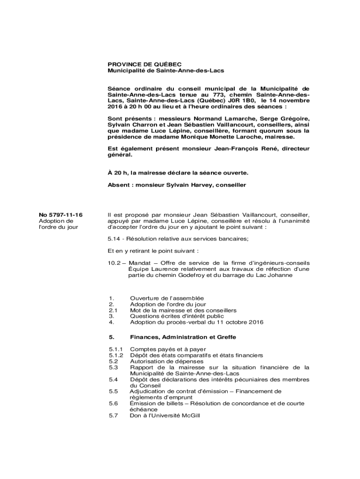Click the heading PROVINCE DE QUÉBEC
point(138,64)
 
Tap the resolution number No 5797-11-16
point(60,215)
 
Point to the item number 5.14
point(114,239)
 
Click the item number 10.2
point(114,263)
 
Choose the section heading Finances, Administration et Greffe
point(183,337)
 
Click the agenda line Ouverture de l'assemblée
point(167,298)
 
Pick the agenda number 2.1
point(112,310)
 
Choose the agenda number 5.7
point(113,415)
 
